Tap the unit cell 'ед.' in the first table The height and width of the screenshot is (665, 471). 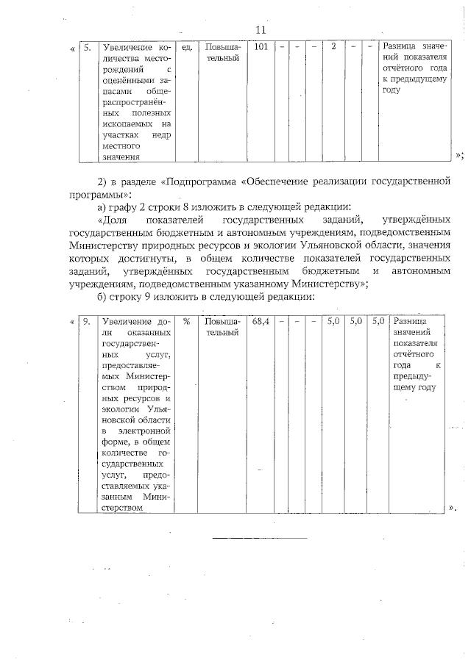click(187, 48)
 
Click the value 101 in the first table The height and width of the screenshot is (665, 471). click(261, 48)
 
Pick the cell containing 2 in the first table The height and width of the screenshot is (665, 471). click(333, 48)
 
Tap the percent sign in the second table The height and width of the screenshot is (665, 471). click(187, 321)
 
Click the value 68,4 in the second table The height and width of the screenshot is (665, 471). click(261, 321)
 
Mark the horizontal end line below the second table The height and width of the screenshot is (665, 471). click(259, 538)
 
